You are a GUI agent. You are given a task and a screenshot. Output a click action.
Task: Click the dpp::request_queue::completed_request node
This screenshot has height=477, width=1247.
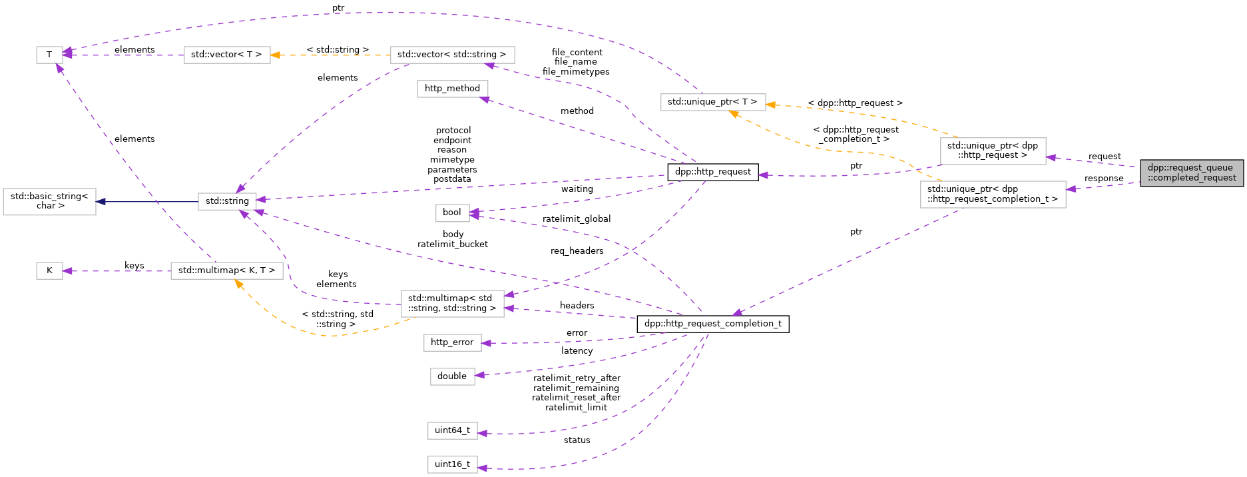(1191, 173)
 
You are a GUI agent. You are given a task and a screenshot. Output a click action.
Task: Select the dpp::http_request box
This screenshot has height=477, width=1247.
(712, 172)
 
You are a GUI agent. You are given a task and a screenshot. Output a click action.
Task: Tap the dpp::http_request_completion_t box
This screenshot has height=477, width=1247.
(712, 324)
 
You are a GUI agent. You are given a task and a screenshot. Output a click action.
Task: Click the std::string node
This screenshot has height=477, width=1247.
(227, 201)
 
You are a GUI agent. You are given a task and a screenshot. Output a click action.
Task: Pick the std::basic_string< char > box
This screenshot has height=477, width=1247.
(50, 201)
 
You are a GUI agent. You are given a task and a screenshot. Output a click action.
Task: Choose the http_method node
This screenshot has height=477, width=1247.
(452, 89)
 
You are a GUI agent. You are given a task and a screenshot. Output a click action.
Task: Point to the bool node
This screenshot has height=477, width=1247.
(451, 213)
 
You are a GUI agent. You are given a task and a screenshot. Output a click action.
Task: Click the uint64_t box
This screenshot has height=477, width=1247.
(452, 430)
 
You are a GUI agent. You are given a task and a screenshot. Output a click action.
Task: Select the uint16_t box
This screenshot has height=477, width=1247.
(452, 464)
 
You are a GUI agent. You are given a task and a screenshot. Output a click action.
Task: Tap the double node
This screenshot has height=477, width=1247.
(451, 376)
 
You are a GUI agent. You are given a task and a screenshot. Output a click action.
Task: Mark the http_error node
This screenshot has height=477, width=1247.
(451, 342)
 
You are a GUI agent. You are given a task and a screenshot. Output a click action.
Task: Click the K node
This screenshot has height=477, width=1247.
(49, 270)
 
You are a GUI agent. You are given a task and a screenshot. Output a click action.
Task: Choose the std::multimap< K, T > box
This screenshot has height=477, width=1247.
(226, 270)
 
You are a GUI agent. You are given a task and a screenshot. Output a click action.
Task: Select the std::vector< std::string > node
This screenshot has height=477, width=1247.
(451, 55)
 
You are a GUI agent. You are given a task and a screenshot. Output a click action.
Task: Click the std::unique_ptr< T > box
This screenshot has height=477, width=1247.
(712, 102)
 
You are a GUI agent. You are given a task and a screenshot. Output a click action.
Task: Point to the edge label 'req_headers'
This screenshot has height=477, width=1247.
(577, 251)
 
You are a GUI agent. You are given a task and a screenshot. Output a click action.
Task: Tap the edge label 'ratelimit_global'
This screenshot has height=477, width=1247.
(577, 219)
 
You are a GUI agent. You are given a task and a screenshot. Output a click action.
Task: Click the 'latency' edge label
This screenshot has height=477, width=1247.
(577, 351)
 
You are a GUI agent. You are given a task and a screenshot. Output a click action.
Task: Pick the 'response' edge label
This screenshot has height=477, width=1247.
(1103, 179)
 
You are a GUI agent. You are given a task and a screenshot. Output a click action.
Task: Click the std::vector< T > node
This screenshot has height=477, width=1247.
(226, 55)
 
